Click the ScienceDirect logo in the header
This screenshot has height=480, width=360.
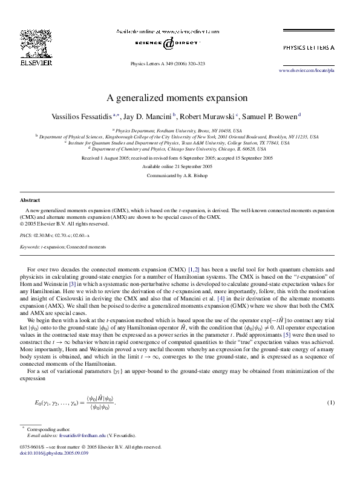click(x=169, y=42)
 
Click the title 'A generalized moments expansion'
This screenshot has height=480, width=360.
click(x=177, y=97)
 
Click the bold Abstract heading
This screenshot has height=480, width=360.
click(x=30, y=199)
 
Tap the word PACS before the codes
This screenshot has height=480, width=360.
click(x=26, y=235)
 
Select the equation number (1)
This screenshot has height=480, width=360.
click(x=330, y=403)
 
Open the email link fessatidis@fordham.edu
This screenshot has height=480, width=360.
click(x=76, y=435)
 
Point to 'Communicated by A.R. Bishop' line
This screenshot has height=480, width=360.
click(x=177, y=175)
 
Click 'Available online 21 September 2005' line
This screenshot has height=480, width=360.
click(x=177, y=166)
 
